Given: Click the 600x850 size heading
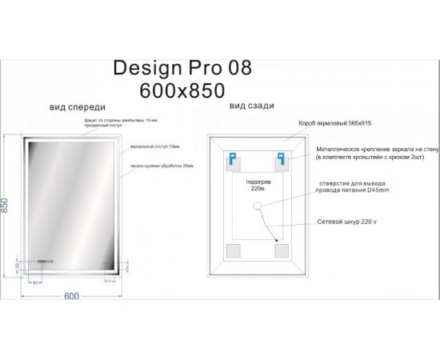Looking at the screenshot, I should click(182, 89).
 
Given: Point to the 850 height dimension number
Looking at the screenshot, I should click(7, 207).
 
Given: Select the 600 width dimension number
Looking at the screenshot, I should click(71, 297).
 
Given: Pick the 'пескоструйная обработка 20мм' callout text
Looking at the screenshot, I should click(156, 166).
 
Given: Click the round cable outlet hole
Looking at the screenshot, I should click(259, 206).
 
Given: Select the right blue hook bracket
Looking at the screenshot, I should click(282, 158).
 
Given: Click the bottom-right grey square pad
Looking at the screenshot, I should click(281, 251).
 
